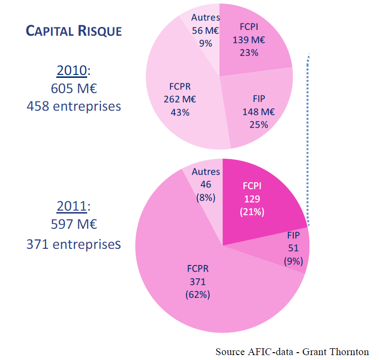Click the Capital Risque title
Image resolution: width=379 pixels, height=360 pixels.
click(73, 31)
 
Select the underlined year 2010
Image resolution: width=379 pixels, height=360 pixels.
click(71, 71)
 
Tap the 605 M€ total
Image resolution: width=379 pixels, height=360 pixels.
click(73, 89)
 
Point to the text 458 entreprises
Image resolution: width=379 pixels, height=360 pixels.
click(73, 105)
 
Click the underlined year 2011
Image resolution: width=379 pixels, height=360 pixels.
click(71, 206)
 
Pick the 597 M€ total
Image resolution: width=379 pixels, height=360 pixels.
click(73, 224)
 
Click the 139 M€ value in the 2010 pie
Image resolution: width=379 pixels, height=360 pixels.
click(249, 40)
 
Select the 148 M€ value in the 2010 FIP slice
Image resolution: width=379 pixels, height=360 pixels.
click(259, 112)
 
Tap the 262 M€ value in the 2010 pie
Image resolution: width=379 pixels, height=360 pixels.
click(180, 99)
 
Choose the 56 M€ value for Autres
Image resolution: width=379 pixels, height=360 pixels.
click(206, 30)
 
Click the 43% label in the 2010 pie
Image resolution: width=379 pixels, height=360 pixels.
click(180, 112)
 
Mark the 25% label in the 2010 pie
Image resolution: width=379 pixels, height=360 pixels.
click(259, 124)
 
